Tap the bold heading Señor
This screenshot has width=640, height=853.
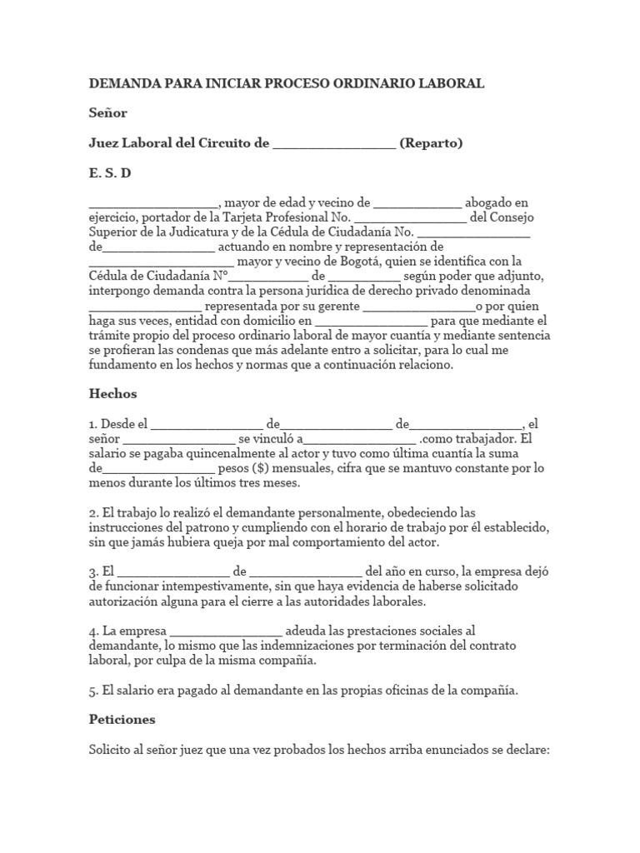coord(108,113)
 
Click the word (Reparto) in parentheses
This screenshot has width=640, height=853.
coord(431,143)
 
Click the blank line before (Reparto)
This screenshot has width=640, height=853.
coord(334,145)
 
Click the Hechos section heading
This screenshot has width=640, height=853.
coord(112,393)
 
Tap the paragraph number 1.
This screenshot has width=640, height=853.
coord(93,423)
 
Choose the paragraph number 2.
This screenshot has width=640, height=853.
coord(93,512)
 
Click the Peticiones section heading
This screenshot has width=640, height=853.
coord(122,719)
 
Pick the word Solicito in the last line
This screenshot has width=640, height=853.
coord(111,749)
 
